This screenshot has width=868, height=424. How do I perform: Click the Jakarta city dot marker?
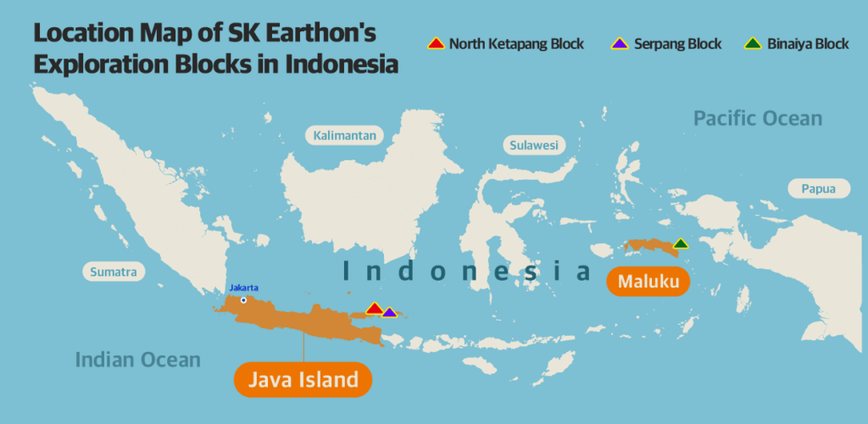tap(243, 299)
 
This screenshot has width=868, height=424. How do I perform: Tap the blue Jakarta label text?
tap(243, 287)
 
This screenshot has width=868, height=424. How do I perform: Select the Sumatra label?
tap(114, 272)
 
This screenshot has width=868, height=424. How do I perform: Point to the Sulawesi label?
tap(534, 145)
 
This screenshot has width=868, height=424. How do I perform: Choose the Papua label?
tap(818, 189)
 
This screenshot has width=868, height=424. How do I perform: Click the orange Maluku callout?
tap(648, 281)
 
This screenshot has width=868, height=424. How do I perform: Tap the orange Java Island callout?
tap(303, 379)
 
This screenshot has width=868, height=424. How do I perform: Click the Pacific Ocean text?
tap(758, 118)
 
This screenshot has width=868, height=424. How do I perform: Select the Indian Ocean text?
tap(138, 360)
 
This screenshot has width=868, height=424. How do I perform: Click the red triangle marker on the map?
tap(374, 308)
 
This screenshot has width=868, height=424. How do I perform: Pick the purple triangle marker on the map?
tap(389, 312)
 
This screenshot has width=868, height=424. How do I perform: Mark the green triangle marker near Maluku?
tap(680, 243)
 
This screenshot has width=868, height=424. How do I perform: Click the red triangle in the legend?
tap(436, 43)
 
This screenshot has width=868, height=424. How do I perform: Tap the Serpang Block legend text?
tap(676, 44)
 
